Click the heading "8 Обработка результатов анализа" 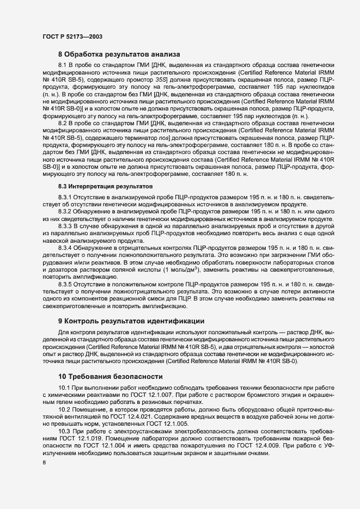(x=123, y=54)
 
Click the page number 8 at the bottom (x=45, y=463)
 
